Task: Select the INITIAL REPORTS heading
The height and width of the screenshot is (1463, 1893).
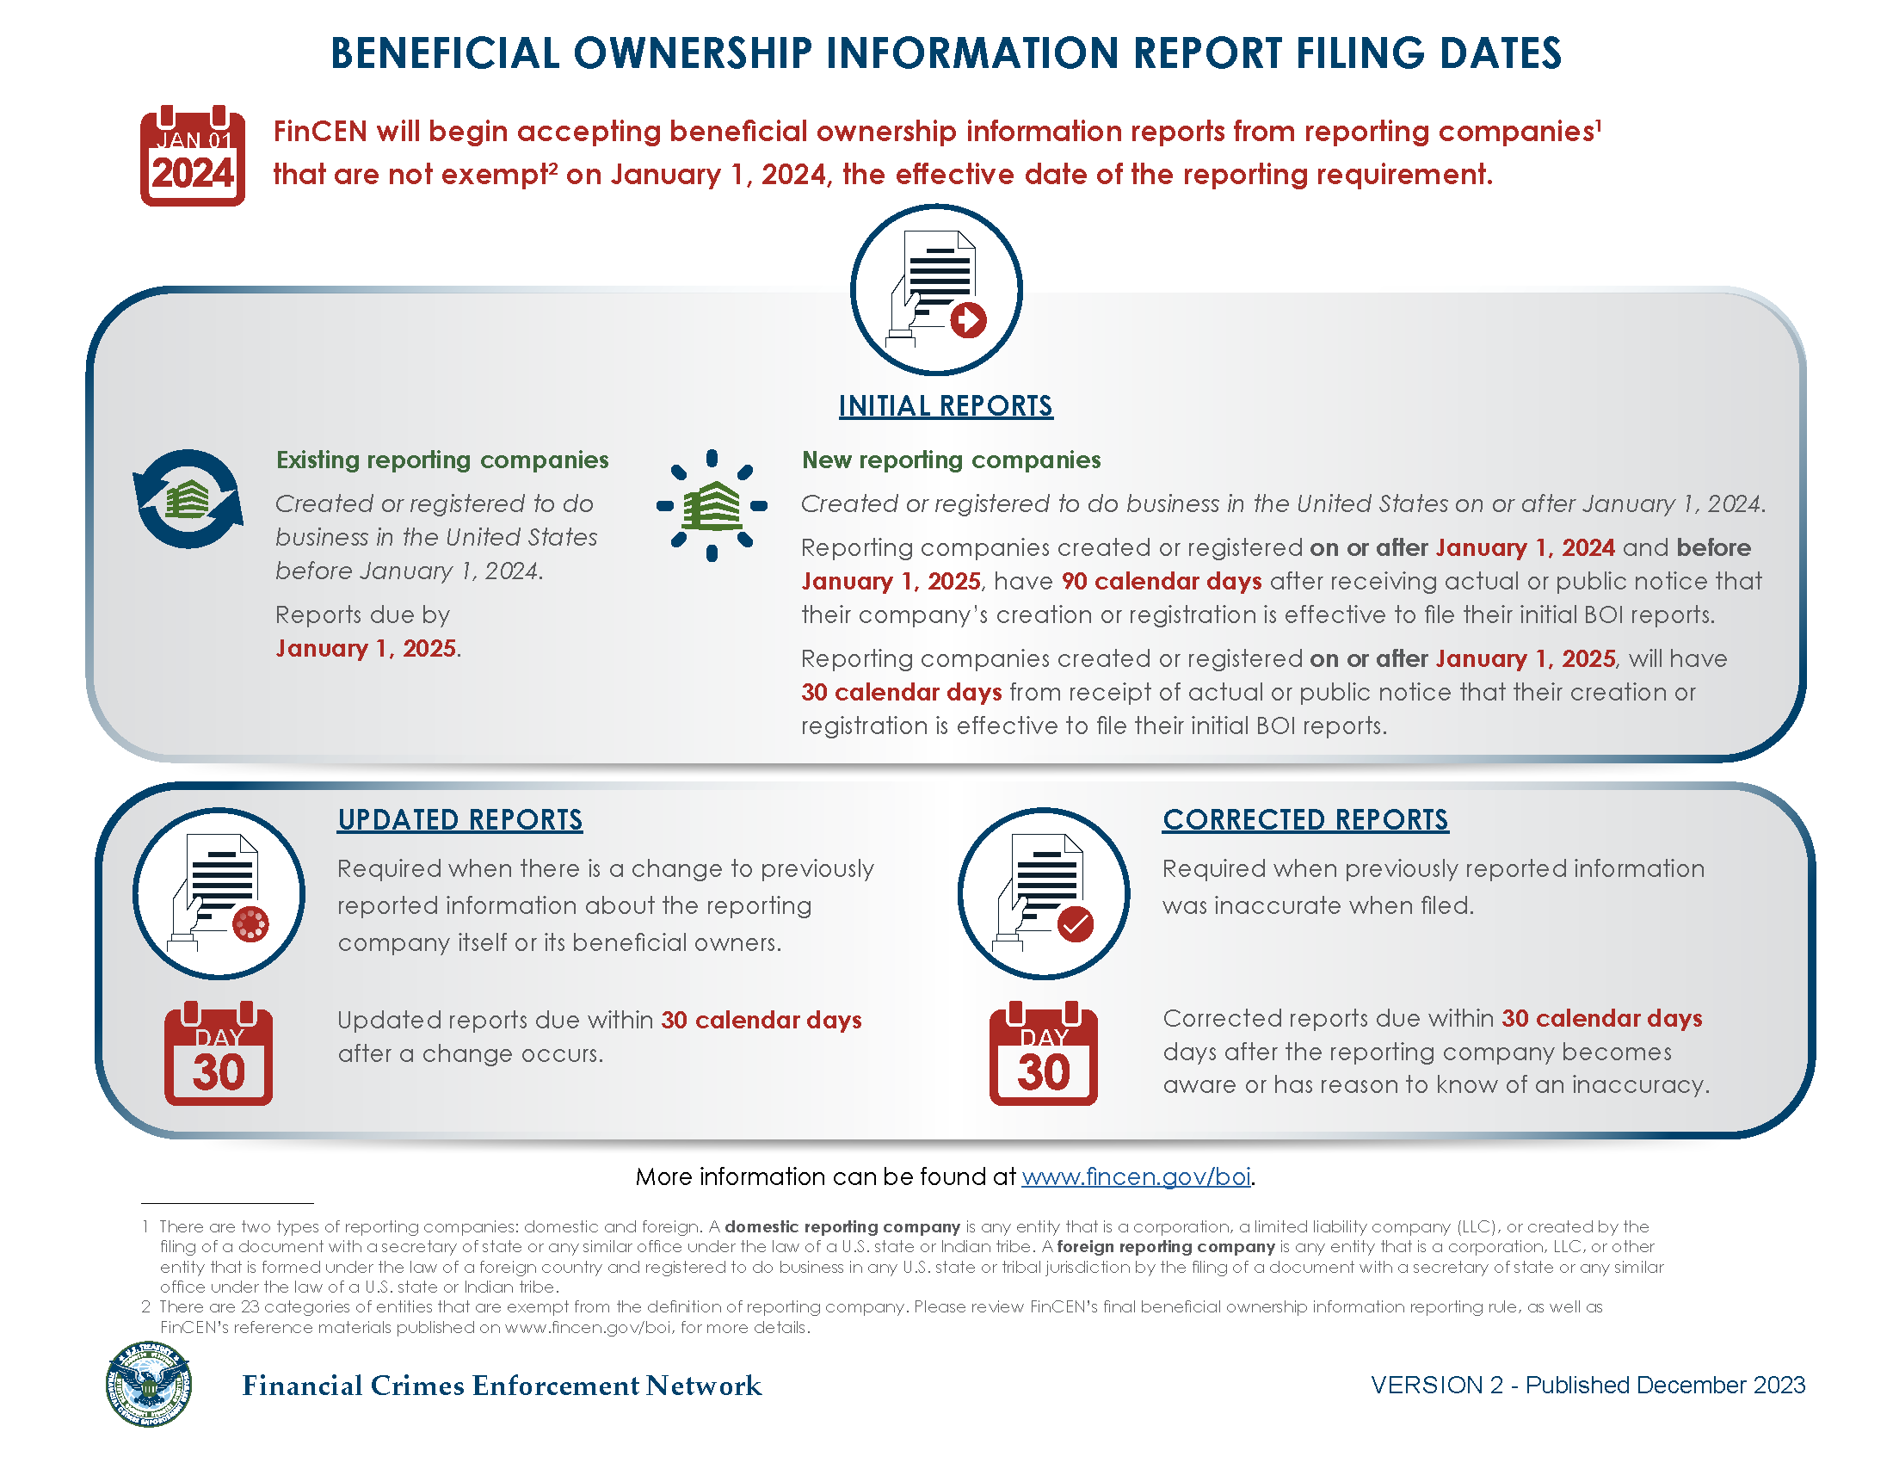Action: [946, 405]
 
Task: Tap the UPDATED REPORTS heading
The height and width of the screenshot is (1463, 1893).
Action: [460, 820]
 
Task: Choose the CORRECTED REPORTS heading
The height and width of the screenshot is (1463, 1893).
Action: [1305, 820]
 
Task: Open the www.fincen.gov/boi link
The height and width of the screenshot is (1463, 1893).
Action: [1137, 1176]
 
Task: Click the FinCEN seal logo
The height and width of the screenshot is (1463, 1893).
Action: [149, 1384]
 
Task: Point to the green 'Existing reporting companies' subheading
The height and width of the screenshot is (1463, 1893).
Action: [442, 460]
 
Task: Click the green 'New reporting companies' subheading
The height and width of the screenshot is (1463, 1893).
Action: [951, 460]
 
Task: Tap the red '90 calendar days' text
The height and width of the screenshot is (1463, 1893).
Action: [1162, 581]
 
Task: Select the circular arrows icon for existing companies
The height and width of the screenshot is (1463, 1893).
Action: [188, 499]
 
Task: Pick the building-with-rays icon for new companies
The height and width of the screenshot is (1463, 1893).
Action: [712, 504]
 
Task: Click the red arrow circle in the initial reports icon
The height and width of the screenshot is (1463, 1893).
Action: [968, 320]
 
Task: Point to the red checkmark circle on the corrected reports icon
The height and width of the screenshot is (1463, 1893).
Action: [1076, 924]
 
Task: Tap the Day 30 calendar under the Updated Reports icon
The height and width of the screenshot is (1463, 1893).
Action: [219, 1055]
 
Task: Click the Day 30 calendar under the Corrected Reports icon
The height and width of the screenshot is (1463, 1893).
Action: [1044, 1055]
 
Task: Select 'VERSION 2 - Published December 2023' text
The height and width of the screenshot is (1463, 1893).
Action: [1588, 1385]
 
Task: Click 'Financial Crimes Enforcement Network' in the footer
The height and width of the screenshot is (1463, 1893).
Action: [502, 1386]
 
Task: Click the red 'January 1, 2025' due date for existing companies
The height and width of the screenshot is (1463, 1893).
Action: [366, 648]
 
